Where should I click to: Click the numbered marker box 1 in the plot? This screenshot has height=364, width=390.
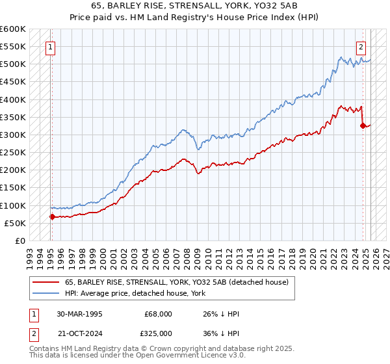click(50, 47)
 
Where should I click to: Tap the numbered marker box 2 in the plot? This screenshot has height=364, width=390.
click(361, 47)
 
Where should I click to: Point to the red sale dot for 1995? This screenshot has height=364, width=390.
click(52, 216)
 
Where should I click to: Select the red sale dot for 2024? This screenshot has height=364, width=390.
click(363, 125)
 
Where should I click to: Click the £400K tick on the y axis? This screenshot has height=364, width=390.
click(12, 99)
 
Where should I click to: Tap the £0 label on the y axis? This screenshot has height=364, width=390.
click(19, 240)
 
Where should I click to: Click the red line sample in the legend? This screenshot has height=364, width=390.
click(46, 281)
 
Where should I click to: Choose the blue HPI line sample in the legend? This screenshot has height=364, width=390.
click(46, 294)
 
